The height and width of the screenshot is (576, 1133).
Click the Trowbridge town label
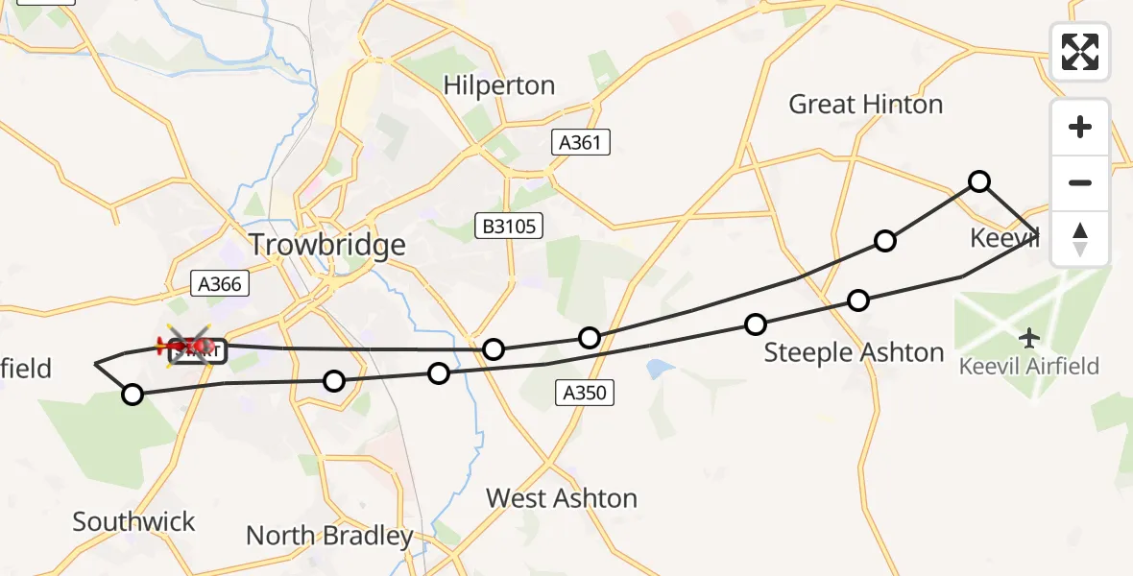pos(327,245)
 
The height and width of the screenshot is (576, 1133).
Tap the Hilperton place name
pos(499,85)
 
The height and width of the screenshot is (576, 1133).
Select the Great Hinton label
pos(865,104)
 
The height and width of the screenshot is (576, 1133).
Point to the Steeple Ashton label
pos(854,352)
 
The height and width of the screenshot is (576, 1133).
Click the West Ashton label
pos(562,498)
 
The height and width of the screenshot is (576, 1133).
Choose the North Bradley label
pos(329,535)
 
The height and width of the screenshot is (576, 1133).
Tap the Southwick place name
pos(133,522)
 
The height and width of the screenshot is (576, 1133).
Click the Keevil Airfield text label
pos(1029,366)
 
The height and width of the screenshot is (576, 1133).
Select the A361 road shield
pos(582,143)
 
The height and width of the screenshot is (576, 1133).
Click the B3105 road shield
pos(510,227)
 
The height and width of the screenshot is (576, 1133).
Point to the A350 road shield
pos(584,392)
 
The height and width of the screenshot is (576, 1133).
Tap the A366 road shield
pos(220,283)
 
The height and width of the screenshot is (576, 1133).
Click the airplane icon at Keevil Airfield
pos(1029,338)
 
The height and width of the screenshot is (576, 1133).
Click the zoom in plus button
pos(1080,127)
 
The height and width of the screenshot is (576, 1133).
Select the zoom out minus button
pos(1080,182)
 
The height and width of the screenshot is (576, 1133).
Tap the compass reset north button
pos(1080,238)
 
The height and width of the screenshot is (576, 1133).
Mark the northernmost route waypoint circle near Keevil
pos(978,180)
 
